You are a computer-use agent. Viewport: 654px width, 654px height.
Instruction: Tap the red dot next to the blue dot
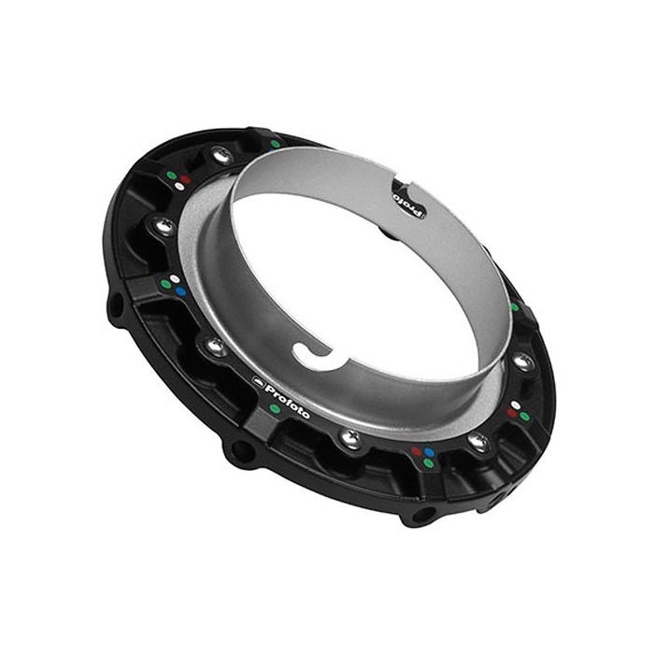coord(417,451)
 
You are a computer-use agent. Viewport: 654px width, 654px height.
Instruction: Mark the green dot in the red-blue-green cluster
coord(428,462)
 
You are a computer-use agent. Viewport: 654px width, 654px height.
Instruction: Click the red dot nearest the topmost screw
coord(186,176)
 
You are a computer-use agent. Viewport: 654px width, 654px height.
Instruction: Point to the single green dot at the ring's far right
coord(514,306)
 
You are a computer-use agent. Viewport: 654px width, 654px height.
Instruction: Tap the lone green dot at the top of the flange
coord(275,144)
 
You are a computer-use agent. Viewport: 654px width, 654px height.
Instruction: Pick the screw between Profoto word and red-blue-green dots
coord(349,437)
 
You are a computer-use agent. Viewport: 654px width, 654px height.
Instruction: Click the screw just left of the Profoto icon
coord(216,347)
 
